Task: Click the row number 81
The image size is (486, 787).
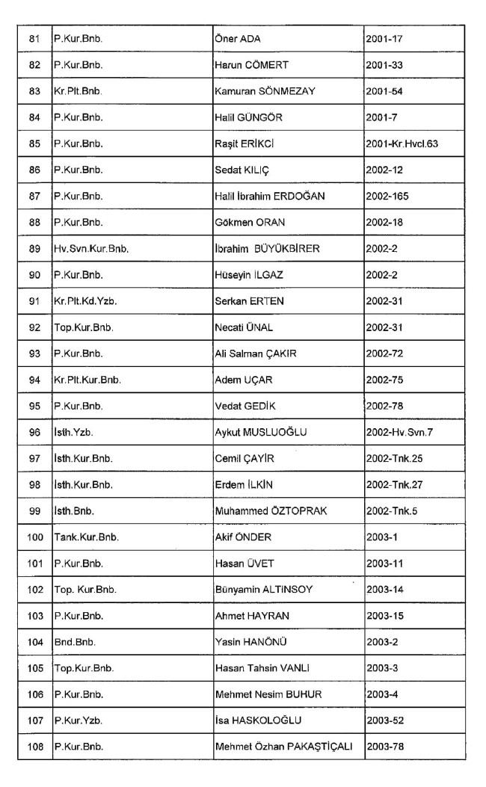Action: point(34,38)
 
